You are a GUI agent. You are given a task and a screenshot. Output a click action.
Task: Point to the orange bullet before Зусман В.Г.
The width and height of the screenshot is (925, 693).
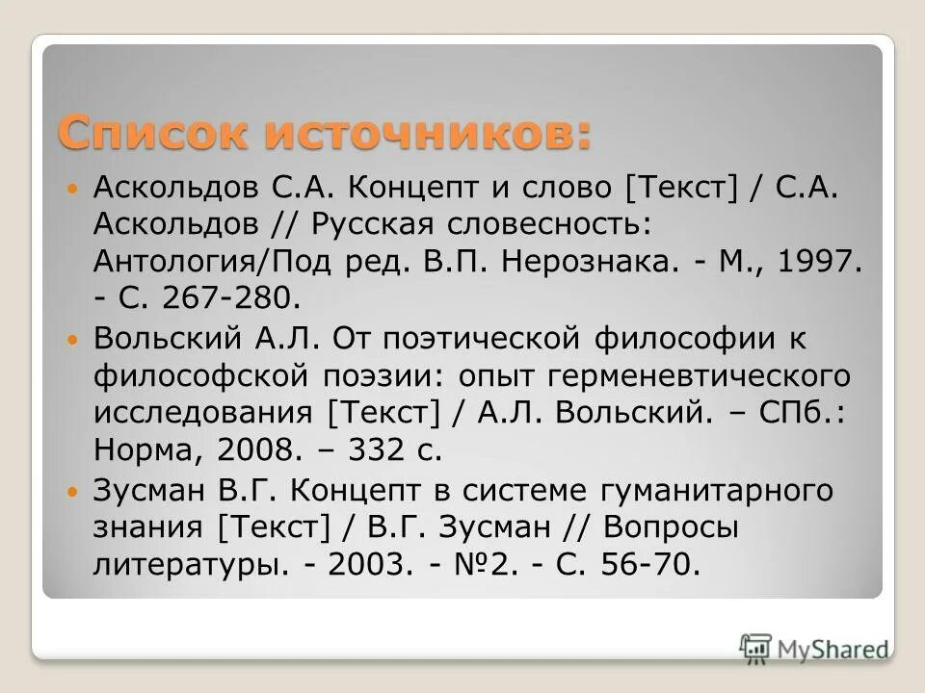[x=77, y=492]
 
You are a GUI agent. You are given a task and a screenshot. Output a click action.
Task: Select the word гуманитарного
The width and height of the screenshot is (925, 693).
[x=719, y=492]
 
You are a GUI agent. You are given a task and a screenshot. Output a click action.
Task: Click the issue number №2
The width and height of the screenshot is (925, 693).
[x=489, y=565]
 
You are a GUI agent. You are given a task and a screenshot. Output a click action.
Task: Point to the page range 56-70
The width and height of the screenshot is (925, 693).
[x=649, y=565]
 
